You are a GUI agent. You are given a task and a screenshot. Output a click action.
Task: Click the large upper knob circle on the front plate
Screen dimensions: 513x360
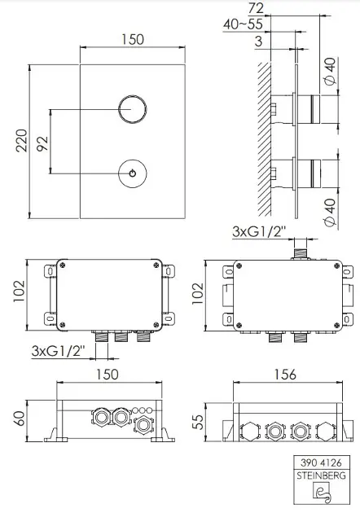point(131,109)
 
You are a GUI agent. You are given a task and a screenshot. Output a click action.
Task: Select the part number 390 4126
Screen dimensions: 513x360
point(323,463)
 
